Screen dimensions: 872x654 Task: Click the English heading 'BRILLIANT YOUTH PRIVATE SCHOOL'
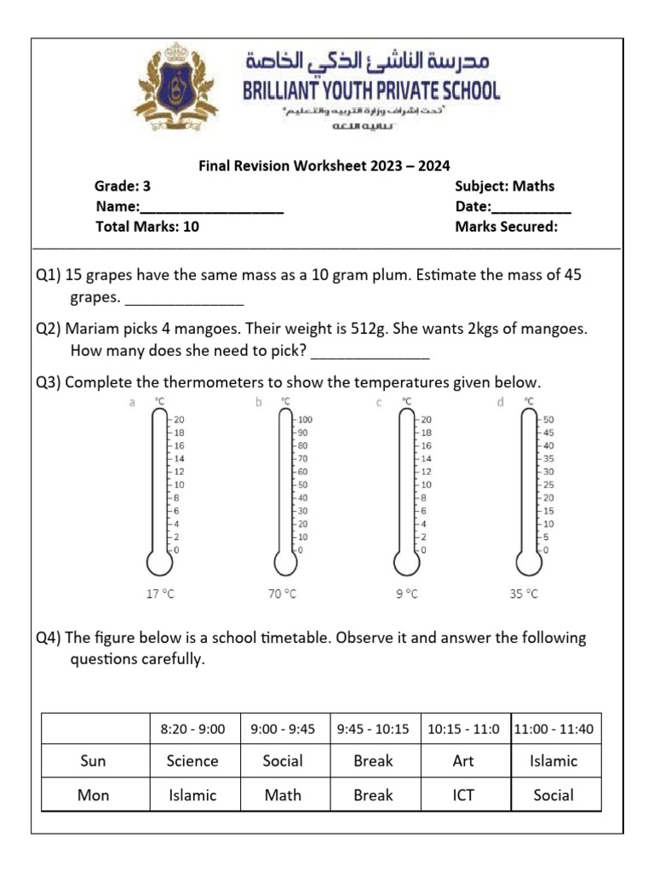coord(372,90)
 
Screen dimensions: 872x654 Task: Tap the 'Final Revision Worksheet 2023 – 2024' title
coord(324,166)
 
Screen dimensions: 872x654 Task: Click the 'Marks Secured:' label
coord(507,227)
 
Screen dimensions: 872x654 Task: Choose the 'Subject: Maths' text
coord(505,186)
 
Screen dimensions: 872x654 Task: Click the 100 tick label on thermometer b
coord(305,420)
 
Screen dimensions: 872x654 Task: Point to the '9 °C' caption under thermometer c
coord(407,594)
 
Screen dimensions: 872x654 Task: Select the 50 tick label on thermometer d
coord(548,420)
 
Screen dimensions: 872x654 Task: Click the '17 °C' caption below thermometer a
coord(159,594)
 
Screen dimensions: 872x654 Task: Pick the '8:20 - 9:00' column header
coord(192,729)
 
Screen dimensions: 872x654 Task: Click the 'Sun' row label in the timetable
coord(93,761)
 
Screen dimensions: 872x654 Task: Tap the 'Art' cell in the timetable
coord(463,761)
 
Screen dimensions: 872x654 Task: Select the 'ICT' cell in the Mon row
coord(463,795)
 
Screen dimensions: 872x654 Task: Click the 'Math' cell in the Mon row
coord(283,795)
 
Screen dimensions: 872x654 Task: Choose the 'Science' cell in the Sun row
coord(192,761)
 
